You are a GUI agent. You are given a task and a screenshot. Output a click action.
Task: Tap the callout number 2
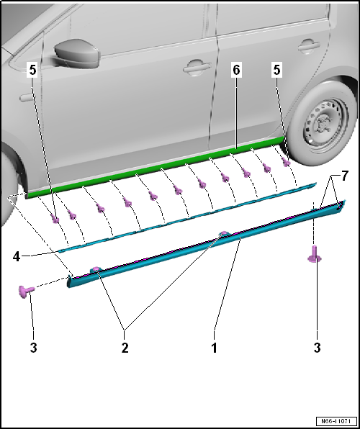coord(124,347)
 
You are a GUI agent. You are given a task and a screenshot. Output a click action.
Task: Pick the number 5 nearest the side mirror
coord(31,71)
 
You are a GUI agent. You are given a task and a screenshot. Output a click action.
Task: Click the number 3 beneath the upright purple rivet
coord(315,347)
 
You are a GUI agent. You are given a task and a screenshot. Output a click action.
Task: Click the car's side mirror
coord(72,52)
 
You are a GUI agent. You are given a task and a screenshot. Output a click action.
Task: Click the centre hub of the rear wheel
coord(321,129)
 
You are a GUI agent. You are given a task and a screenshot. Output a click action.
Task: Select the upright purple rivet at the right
coord(315,253)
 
